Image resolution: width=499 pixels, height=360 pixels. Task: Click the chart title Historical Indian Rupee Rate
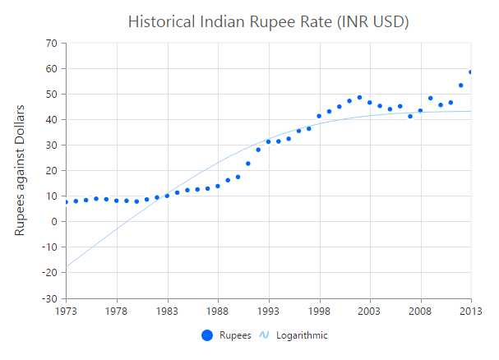pyautogui.click(x=269, y=21)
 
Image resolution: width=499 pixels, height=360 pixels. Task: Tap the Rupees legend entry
pyautogui.click(x=235, y=335)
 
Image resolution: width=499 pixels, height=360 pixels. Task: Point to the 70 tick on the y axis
pyautogui.click(x=51, y=44)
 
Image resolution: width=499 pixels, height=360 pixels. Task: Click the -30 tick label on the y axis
pyautogui.click(x=49, y=298)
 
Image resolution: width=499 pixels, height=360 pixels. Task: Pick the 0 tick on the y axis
pyautogui.click(x=53, y=221)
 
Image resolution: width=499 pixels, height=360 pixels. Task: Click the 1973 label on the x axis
pyautogui.click(x=66, y=312)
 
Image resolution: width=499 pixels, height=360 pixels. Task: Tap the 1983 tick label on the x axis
pyautogui.click(x=168, y=312)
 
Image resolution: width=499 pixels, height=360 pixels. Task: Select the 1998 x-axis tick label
pyautogui.click(x=319, y=312)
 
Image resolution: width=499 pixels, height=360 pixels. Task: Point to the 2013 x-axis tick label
pyautogui.click(x=471, y=312)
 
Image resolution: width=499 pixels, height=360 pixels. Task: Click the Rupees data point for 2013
pyautogui.click(x=471, y=72)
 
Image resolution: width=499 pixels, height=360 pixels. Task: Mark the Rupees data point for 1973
pyautogui.click(x=66, y=202)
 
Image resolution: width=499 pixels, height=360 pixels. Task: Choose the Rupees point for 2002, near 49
pyautogui.click(x=359, y=97)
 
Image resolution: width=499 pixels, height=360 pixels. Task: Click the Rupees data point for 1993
pyautogui.click(x=268, y=141)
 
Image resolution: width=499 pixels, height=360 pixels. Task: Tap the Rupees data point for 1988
pyautogui.click(x=218, y=186)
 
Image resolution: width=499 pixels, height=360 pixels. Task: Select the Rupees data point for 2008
pyautogui.click(x=420, y=110)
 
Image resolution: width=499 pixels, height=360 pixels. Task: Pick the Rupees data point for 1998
pyautogui.click(x=319, y=116)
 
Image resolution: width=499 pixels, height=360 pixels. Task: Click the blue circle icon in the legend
pyautogui.click(x=207, y=335)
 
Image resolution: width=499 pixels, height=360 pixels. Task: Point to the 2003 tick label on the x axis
pyautogui.click(x=369, y=312)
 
